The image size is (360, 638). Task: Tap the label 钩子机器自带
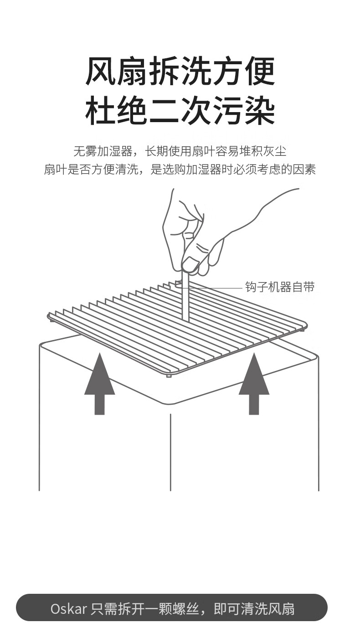point(279,287)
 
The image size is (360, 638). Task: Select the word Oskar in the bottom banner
point(68,609)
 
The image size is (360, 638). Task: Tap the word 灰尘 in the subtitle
point(275,151)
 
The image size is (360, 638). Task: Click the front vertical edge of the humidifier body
point(170,451)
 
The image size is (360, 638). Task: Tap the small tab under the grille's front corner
point(169,376)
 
